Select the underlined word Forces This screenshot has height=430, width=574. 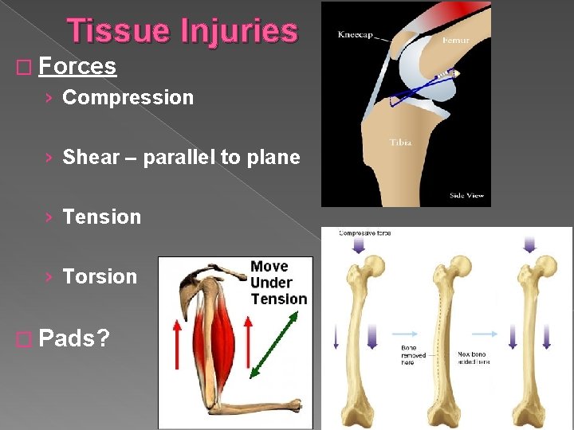click(x=77, y=66)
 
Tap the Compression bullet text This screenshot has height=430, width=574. click(x=128, y=98)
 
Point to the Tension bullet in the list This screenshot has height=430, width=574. click(x=101, y=217)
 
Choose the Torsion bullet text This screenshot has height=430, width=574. click(x=100, y=276)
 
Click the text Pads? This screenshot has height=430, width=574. click(x=74, y=338)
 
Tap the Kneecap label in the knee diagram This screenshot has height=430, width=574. click(x=355, y=35)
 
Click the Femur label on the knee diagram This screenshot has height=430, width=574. click(x=455, y=39)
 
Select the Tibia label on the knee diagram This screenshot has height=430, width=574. click(x=400, y=143)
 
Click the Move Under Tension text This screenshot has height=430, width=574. click(x=278, y=283)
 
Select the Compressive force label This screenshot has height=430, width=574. click(x=364, y=233)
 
